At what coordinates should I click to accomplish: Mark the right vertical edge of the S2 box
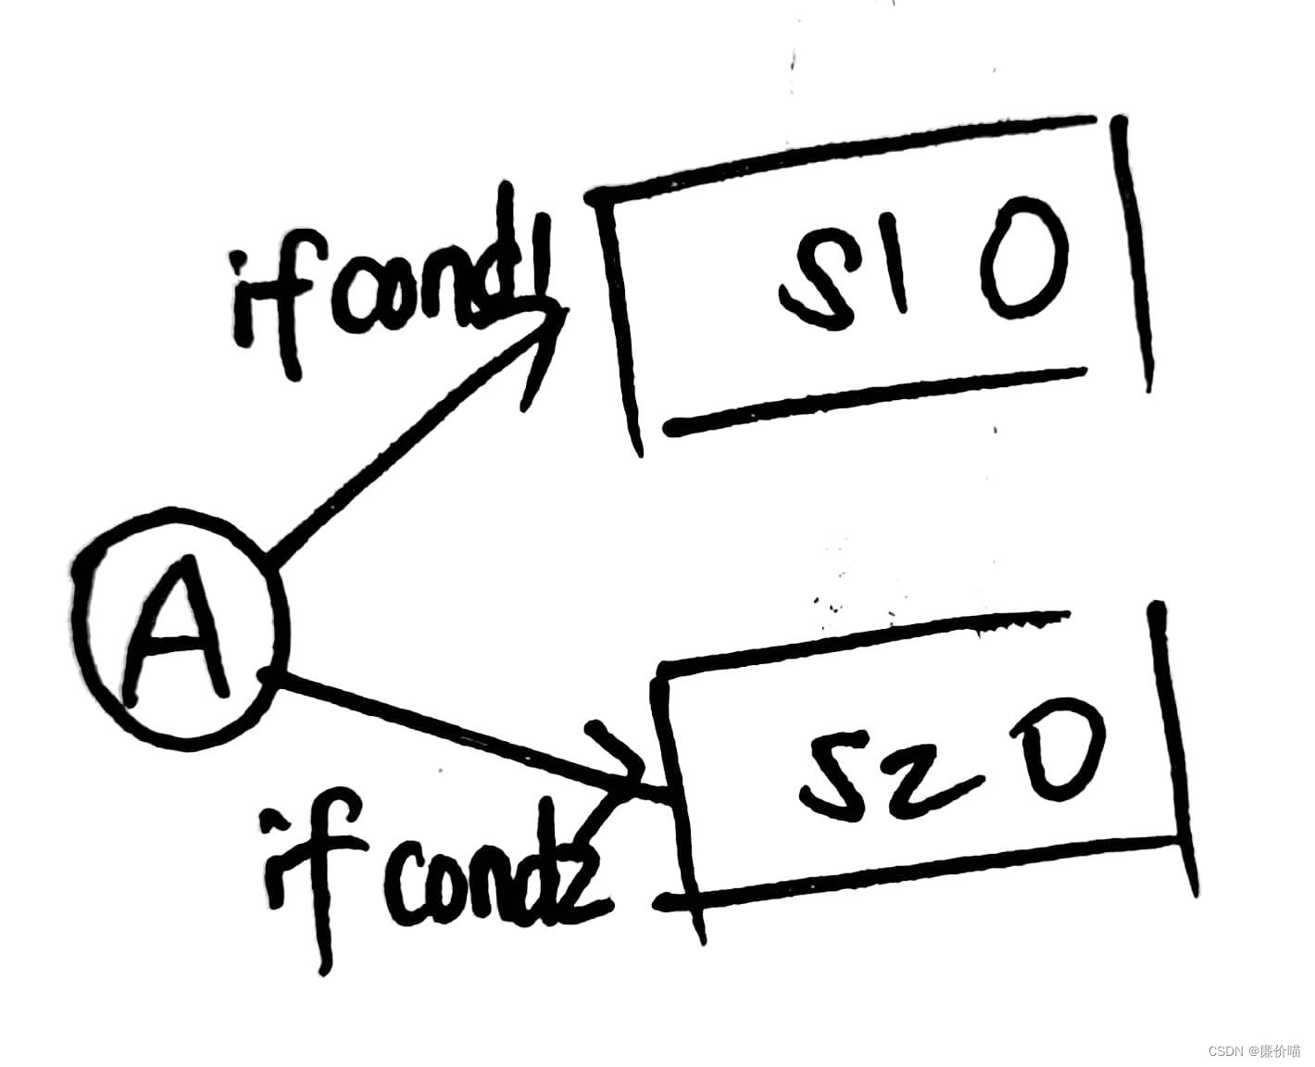click(1171, 741)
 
